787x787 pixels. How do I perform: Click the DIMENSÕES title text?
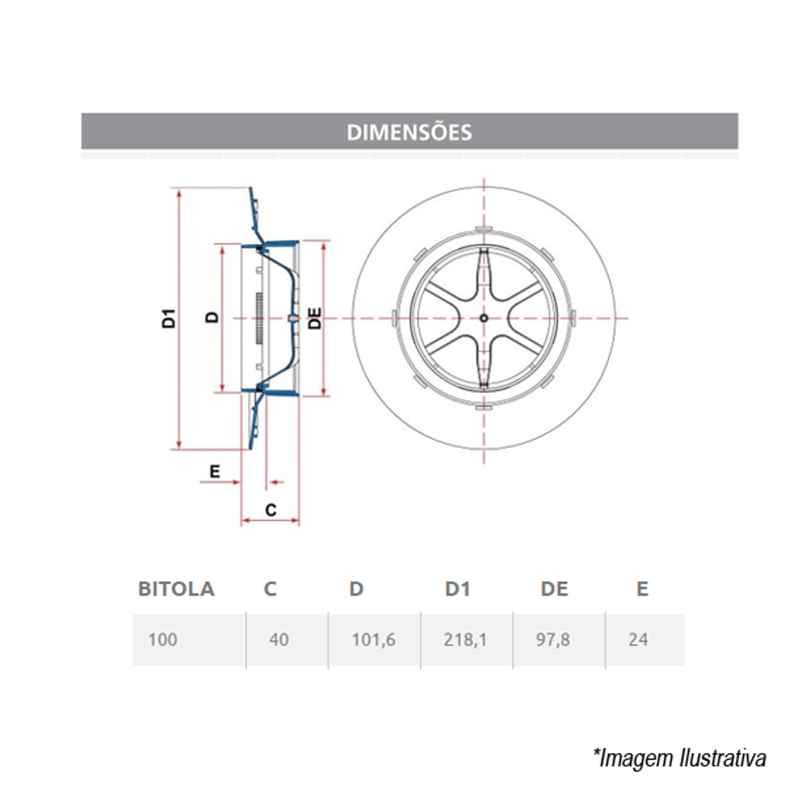[x=409, y=131]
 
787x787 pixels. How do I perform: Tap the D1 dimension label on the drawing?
[x=167, y=319]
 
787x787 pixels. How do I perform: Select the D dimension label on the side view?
[x=211, y=316]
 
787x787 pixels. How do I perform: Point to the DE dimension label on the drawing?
[x=314, y=318]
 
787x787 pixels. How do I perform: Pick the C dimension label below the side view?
[x=270, y=509]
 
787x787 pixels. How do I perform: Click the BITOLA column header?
[x=176, y=589]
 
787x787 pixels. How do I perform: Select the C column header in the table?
[x=270, y=589]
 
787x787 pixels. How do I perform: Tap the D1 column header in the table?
[x=457, y=589]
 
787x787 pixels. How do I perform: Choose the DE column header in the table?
[x=554, y=589]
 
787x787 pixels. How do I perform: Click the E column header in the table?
[x=642, y=589]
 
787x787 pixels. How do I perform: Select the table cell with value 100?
[x=163, y=640]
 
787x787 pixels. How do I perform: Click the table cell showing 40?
[x=279, y=640]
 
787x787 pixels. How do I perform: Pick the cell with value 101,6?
[x=373, y=640]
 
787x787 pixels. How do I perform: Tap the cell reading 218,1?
[x=465, y=640]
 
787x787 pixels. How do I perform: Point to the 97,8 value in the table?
[x=555, y=640]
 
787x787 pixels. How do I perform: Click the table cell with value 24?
[x=638, y=640]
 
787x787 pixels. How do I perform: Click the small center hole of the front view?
[x=483, y=318]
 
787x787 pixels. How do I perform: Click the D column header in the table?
[x=357, y=589]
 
